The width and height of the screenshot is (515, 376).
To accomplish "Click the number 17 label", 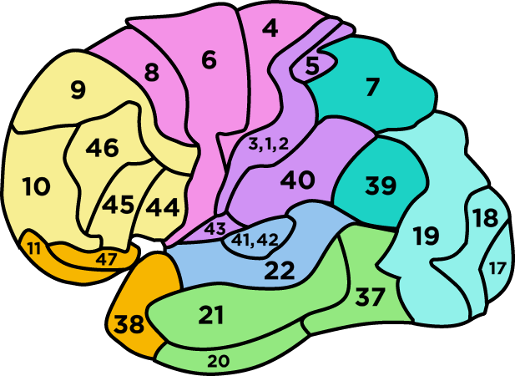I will click(x=497, y=268).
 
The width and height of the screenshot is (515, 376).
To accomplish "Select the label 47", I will click(x=105, y=258).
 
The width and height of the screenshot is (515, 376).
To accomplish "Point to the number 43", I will click(x=215, y=228).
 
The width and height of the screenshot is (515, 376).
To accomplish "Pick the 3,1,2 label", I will click(x=268, y=144).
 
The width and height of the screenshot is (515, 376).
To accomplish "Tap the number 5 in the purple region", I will click(x=313, y=67).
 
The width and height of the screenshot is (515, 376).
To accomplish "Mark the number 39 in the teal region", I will click(x=381, y=186).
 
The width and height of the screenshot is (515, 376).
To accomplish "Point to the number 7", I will click(x=372, y=84).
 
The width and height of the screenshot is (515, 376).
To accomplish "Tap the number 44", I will click(x=163, y=206).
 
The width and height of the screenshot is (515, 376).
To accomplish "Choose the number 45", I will click(x=118, y=205).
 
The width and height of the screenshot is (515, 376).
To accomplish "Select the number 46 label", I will click(x=103, y=149).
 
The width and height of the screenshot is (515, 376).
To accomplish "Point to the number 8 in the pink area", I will click(x=151, y=73).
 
